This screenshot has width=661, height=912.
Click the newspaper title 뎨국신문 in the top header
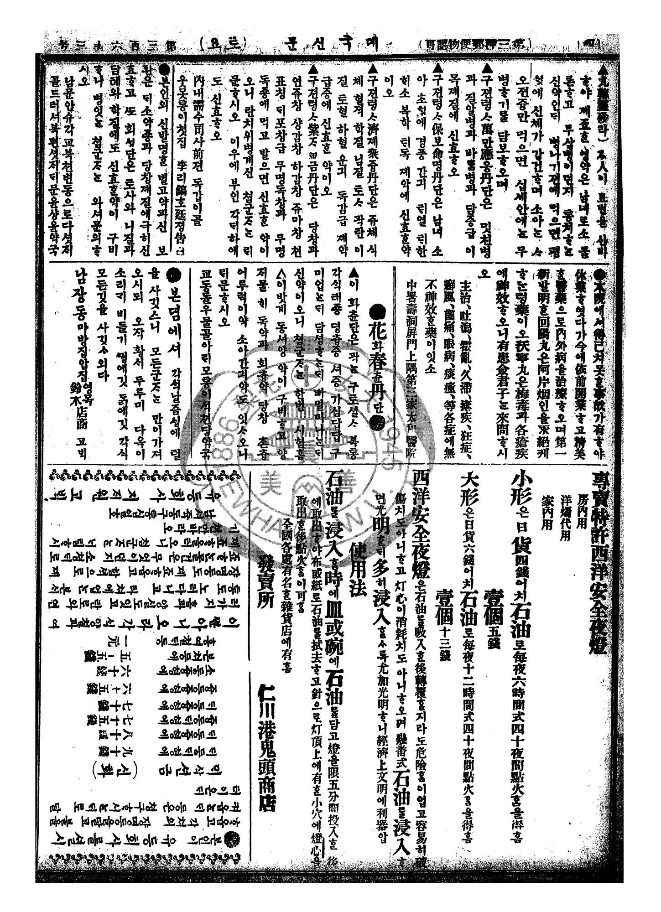tap(319, 45)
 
